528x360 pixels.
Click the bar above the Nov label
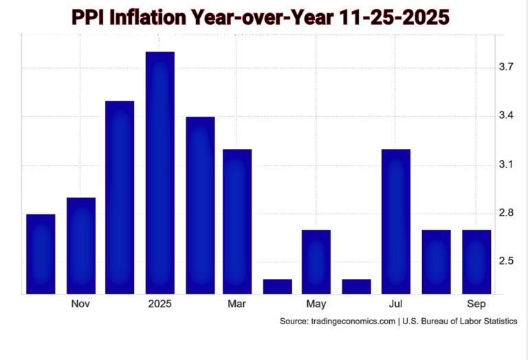80,245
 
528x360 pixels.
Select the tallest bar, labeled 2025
160,173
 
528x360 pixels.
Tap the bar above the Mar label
237,221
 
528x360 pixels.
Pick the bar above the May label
316,262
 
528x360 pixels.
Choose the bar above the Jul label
395,221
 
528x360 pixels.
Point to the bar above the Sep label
476,262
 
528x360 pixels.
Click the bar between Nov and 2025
120,197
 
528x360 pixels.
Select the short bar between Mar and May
277,286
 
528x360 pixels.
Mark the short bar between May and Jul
356,286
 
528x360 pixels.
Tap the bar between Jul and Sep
436,262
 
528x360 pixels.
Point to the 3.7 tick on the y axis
507,67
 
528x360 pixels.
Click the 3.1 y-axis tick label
507,165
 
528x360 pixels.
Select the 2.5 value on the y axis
507,261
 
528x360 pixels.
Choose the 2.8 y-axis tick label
507,213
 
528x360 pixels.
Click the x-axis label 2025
159,304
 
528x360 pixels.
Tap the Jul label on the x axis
395,304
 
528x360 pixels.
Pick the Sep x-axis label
476,304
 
